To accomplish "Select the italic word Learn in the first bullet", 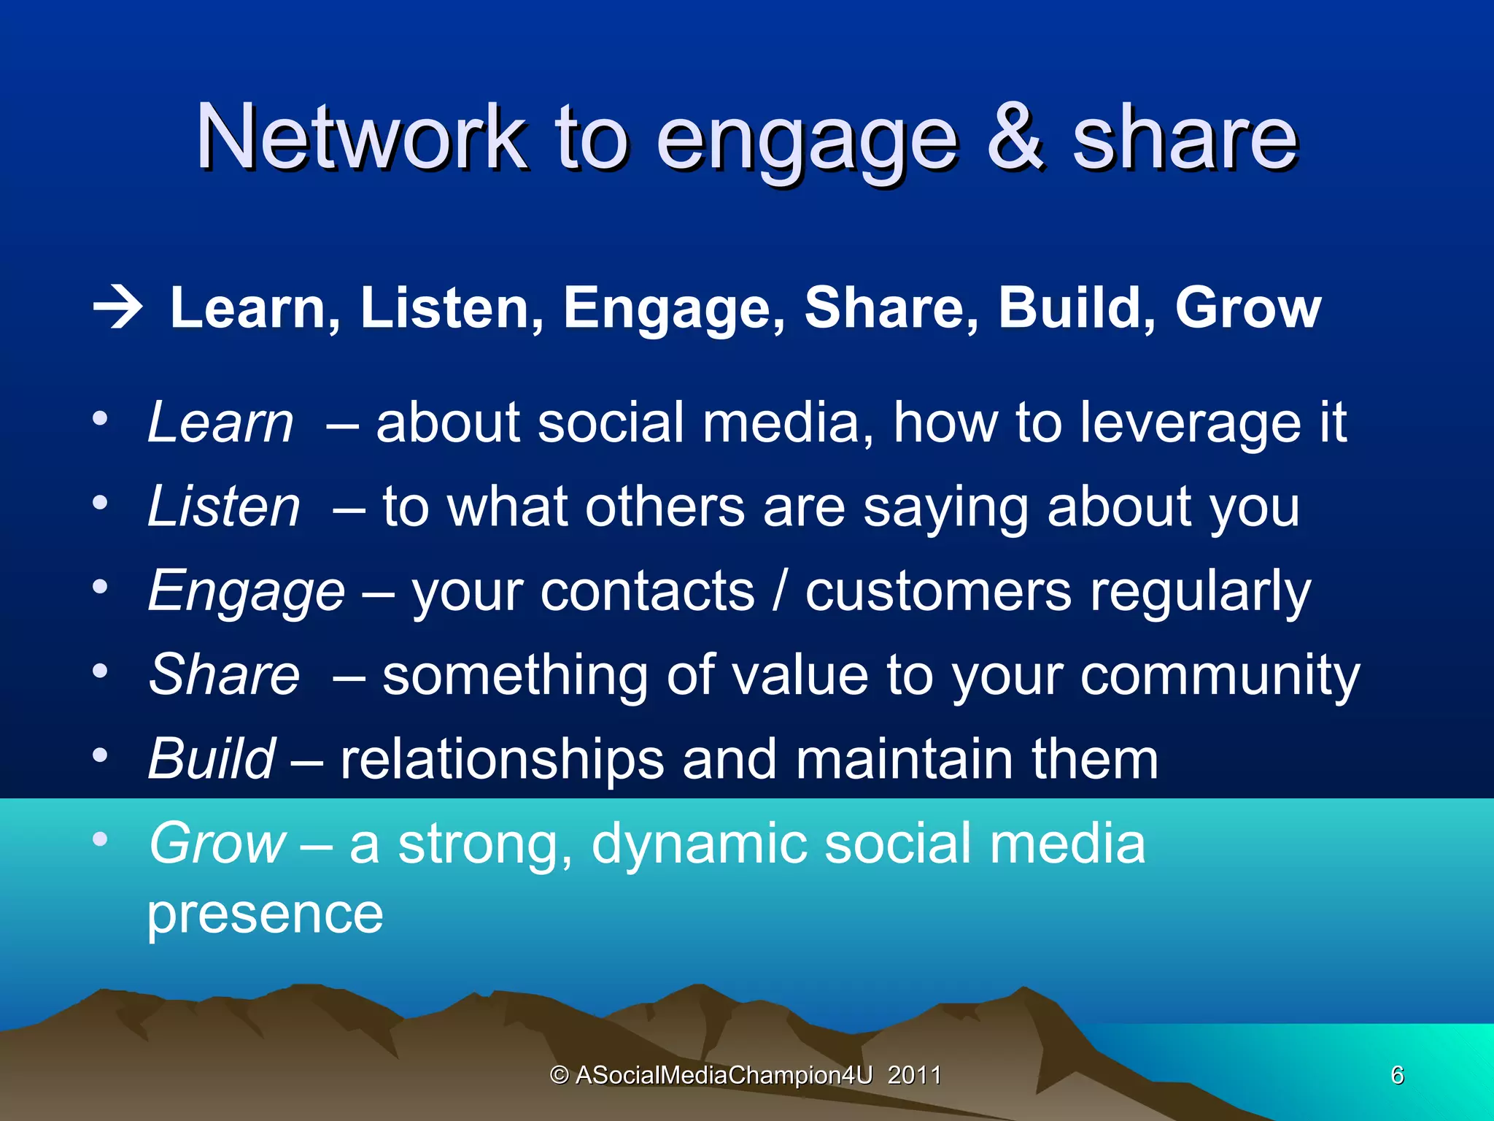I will [220, 423].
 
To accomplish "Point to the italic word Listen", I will [224, 507].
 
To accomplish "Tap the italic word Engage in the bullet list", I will [246, 592].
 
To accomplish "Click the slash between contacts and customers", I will [779, 590].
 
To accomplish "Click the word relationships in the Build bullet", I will [503, 760].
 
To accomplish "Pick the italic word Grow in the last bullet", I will [217, 844].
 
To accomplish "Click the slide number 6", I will [1397, 1075].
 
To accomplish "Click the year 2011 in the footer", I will [914, 1075].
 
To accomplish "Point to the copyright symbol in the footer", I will [559, 1075].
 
